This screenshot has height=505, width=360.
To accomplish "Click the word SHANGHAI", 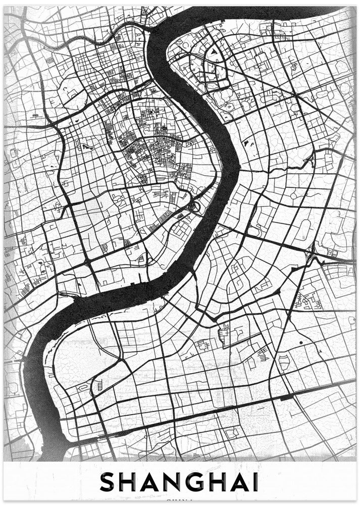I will (x=179, y=482).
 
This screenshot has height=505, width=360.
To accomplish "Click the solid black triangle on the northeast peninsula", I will (x=215, y=51).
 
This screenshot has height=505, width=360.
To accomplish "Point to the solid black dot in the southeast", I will (x=300, y=343).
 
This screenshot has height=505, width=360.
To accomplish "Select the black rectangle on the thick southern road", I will (x=286, y=398).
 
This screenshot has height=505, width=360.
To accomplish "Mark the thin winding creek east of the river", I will (x=283, y=167).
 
